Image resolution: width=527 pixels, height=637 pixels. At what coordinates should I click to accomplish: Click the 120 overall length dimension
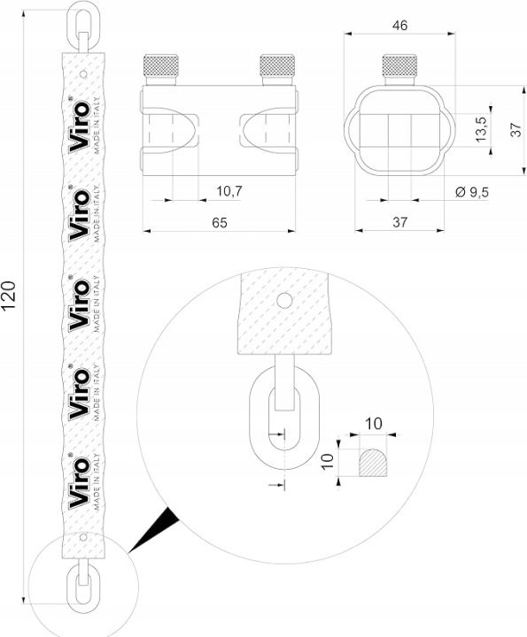(x=9, y=295)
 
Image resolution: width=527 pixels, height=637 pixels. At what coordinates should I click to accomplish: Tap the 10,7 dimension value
(x=229, y=190)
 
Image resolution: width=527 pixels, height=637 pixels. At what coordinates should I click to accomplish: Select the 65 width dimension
(x=220, y=223)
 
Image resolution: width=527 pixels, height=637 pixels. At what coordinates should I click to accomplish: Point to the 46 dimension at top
(x=399, y=25)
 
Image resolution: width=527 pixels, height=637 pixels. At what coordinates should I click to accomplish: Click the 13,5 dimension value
(x=482, y=129)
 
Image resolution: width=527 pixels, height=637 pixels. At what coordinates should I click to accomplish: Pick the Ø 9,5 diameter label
(x=472, y=192)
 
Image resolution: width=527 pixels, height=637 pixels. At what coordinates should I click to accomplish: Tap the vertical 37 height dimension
(x=515, y=129)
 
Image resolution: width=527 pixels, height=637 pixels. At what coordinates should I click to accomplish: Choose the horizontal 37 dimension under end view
(x=399, y=222)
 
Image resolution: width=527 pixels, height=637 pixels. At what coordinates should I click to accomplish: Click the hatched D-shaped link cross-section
(x=373, y=463)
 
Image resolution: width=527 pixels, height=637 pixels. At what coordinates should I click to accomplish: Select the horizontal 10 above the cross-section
(x=374, y=424)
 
